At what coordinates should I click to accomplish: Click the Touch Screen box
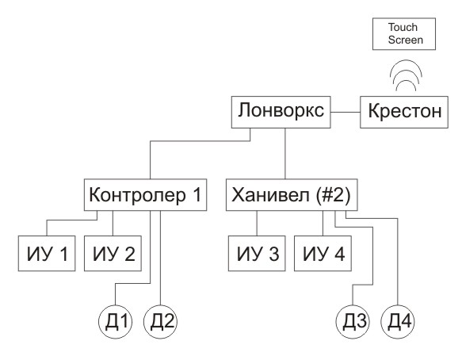pos(404,34)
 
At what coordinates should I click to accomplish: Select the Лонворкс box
pos(281,112)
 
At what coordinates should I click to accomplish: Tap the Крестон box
pos(404,112)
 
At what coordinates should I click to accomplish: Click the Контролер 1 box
pos(145,194)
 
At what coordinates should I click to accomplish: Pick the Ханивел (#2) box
pos(292,194)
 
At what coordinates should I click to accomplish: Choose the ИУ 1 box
pos(47,253)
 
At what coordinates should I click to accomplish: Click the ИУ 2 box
pos(113,253)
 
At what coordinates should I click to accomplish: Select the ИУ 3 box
pos(257,253)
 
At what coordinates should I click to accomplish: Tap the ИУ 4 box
pos(323,253)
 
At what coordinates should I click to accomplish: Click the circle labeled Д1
pos(115,322)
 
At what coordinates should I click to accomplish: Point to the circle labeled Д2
pos(160,322)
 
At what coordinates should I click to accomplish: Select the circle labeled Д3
pos(353,322)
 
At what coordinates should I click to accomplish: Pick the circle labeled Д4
pos(398,322)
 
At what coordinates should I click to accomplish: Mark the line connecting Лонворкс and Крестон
pos(346,112)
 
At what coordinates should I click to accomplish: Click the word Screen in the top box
pos(406,40)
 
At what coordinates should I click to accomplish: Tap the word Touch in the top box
pos(403,27)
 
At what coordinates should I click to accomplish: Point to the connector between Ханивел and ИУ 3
pos(257,223)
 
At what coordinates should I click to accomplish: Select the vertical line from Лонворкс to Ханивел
pos(285,153)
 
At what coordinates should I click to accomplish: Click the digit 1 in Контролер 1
pos(197,194)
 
